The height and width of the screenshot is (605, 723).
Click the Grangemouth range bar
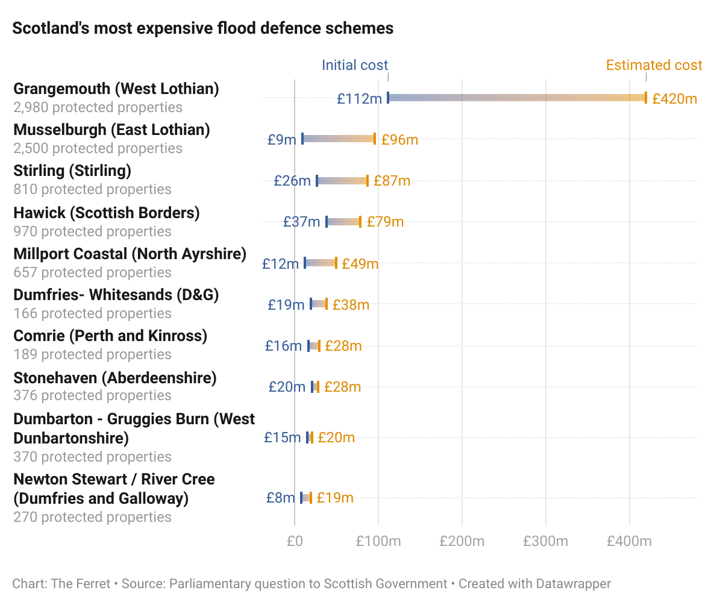pos(516,98)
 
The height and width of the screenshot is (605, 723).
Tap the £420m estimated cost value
pos(674,98)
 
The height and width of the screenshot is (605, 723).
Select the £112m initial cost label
pos(359,98)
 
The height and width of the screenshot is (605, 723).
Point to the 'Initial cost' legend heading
pos(355,65)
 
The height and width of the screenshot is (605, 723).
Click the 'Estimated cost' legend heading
pos(654,65)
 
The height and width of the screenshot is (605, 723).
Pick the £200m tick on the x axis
pos(462,541)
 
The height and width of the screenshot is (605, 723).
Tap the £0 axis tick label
pos(294,541)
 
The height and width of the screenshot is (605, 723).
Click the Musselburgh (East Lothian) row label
pos(111,130)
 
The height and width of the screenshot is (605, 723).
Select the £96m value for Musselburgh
pos(399,140)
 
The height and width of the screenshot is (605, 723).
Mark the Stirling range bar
pos(342,181)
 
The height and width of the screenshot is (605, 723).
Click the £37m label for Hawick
pos(301,222)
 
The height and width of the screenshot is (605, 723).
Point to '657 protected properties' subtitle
pos(92,272)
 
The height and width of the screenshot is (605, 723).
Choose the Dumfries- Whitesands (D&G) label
pos(116,295)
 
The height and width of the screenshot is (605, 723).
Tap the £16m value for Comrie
pos(283,346)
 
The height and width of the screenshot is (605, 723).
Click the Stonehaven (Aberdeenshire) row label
pos(114,378)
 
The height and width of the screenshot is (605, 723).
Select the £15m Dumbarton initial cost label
pos(282,437)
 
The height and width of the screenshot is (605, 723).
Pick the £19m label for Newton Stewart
pos(335,498)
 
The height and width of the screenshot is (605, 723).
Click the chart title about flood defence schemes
pos(203,28)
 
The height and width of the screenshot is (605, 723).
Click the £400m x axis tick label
pos(629,541)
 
